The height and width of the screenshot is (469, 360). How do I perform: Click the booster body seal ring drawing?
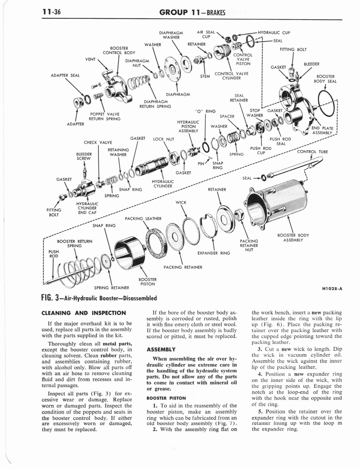tap(328, 103)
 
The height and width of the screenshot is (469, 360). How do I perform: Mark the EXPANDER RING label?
tap(213, 252)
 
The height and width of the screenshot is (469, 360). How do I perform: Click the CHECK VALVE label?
tap(98, 142)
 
